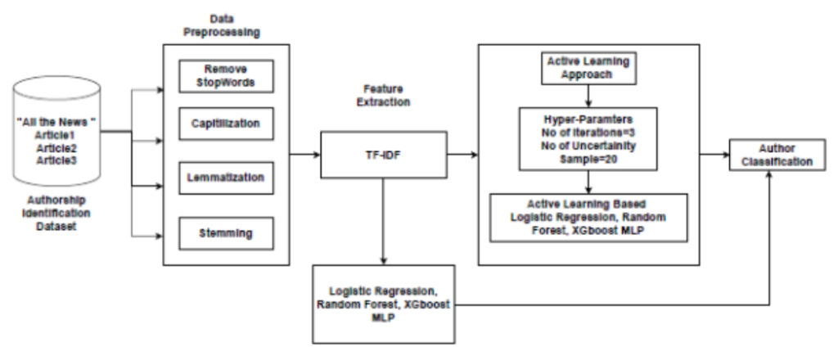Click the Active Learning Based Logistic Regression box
587,217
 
